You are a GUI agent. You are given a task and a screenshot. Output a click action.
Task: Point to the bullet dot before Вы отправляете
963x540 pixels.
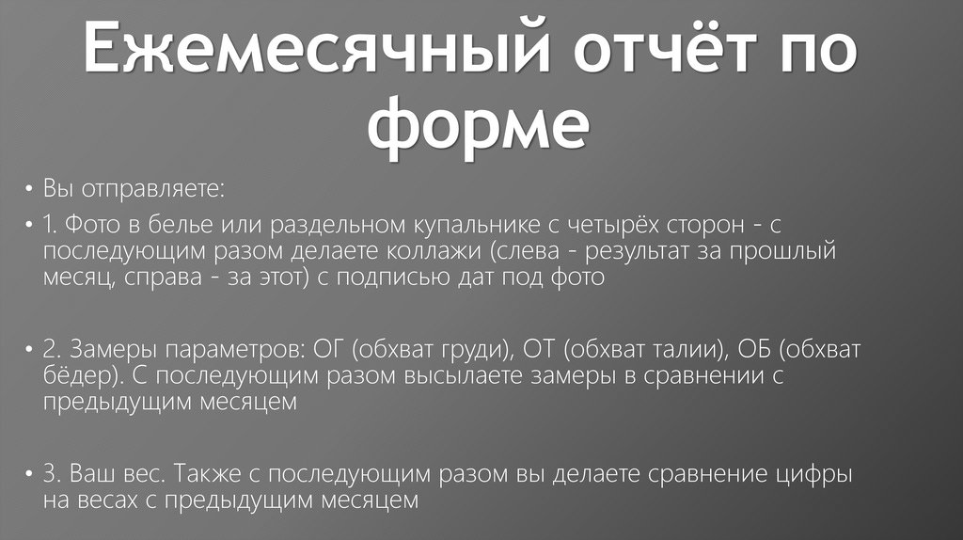pos(29,190)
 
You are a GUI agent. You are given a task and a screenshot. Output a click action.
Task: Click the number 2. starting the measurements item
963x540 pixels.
pos(52,350)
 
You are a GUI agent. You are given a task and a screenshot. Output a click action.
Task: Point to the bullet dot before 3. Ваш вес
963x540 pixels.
pos(29,475)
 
